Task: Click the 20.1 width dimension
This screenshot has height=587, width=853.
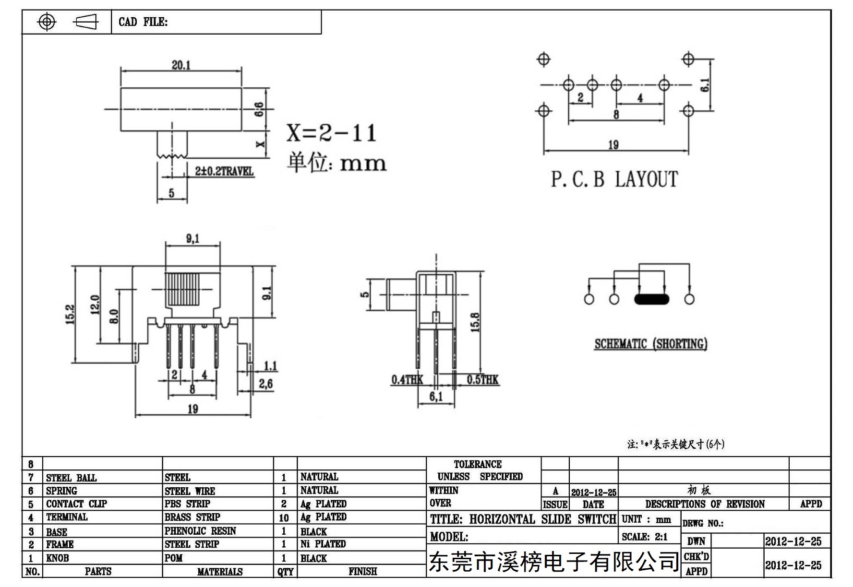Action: [x=181, y=65]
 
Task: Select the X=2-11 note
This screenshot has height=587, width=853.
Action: [x=332, y=133]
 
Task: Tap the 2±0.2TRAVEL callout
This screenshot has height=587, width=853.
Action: [x=224, y=171]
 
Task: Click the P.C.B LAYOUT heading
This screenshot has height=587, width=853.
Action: [x=614, y=179]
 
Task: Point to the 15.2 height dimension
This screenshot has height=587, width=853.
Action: [x=70, y=315]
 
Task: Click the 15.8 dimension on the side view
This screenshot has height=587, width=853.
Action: [x=475, y=322]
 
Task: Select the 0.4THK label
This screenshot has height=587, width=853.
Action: [x=407, y=380]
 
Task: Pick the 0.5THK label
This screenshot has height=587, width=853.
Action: [x=482, y=380]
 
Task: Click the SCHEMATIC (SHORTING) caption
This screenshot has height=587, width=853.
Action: [x=650, y=344]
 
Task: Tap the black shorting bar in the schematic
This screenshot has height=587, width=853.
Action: [x=651, y=299]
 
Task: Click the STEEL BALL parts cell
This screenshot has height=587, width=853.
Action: [x=71, y=478]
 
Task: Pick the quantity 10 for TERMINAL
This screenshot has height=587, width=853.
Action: [x=284, y=518]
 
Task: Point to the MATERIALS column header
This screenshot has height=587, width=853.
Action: [x=220, y=572]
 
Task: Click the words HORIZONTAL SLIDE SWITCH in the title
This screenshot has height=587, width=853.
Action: [x=543, y=519]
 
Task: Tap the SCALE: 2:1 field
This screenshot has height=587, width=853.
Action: [x=645, y=537]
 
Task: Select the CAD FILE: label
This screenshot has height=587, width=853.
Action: [x=143, y=22]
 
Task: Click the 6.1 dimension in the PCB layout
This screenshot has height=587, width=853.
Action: [x=705, y=85]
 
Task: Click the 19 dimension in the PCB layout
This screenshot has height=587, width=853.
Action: [x=613, y=145]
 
